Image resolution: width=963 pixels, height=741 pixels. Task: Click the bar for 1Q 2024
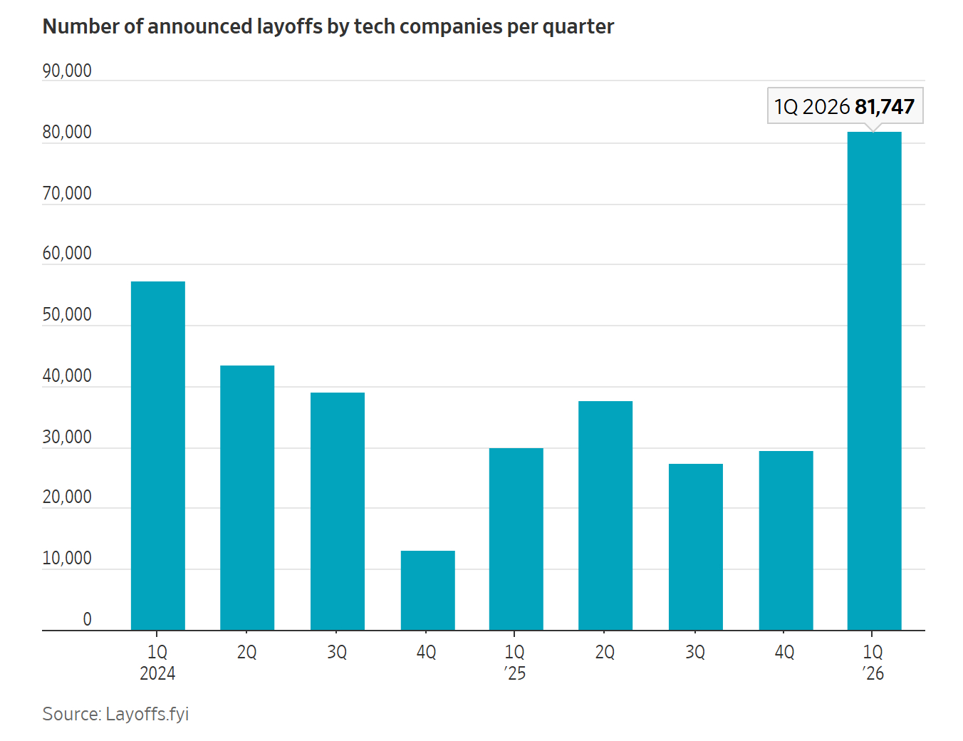point(157,456)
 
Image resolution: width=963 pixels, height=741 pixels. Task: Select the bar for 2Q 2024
point(247,498)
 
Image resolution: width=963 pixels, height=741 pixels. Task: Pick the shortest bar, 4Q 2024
point(427,591)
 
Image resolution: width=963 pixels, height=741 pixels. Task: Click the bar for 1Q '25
point(516,539)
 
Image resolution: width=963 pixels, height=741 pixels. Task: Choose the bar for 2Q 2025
point(605,516)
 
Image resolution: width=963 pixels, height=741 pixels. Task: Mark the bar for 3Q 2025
point(695,547)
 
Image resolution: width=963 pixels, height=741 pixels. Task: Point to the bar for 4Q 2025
point(786,541)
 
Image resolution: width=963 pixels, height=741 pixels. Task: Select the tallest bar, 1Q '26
point(874,381)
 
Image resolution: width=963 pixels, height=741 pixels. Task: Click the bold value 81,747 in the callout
point(884,107)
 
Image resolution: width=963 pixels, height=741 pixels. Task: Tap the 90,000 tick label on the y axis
point(67,71)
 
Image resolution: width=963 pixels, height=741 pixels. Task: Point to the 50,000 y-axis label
point(67,315)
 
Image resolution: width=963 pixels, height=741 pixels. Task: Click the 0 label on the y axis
point(87,620)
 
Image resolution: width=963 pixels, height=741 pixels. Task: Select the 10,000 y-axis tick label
point(67,559)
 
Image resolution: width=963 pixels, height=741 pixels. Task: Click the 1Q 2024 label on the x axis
point(157,663)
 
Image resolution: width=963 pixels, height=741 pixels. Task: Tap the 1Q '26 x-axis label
point(873,663)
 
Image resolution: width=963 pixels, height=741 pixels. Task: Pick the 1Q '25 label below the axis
point(514,663)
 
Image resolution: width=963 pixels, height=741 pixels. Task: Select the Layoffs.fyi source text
point(147,714)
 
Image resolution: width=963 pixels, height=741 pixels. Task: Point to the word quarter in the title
point(578,27)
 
